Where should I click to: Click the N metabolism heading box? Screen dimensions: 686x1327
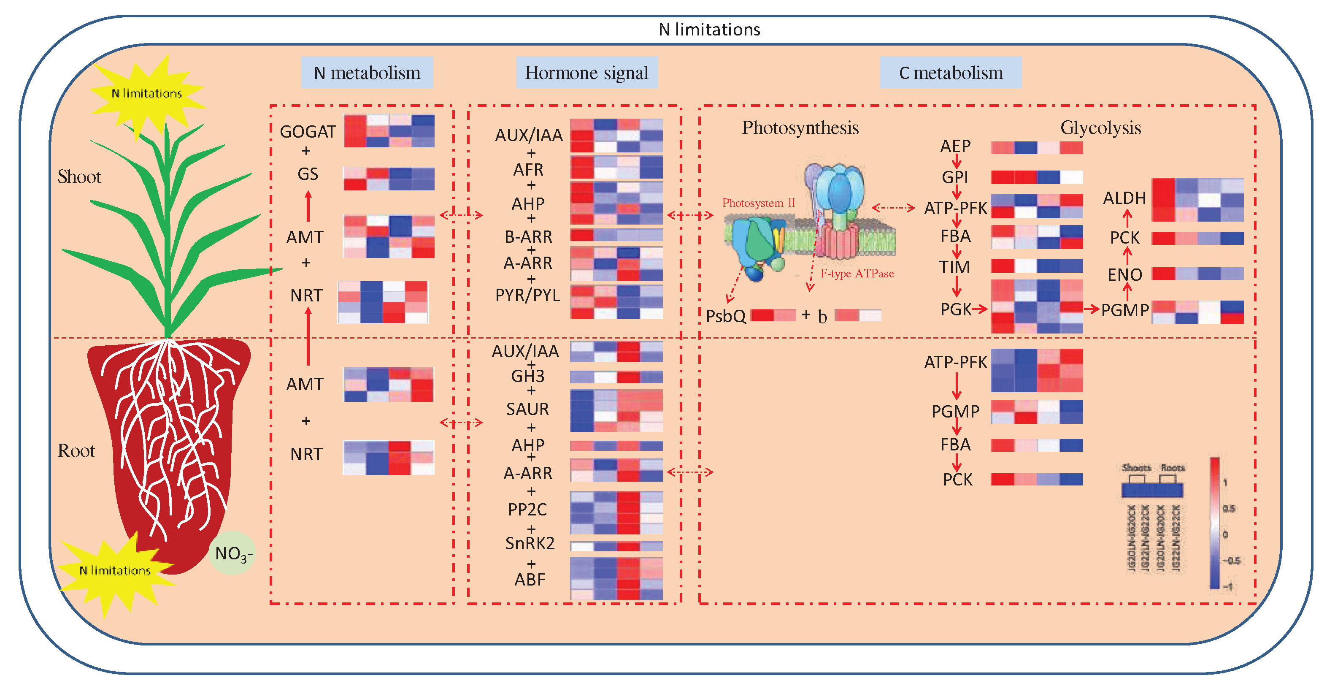point(367,73)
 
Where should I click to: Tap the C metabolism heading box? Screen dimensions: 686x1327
point(951,73)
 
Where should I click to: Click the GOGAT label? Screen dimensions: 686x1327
point(308,132)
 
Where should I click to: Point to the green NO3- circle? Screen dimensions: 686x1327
point(232,553)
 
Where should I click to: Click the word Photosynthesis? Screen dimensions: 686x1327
point(800,128)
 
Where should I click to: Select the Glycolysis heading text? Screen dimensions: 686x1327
point(1100,128)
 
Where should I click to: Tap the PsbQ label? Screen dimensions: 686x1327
point(725,315)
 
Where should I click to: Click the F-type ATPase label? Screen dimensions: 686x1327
point(857,274)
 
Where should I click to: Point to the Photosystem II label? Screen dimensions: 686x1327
point(758,203)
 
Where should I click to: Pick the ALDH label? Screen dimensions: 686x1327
point(1124,198)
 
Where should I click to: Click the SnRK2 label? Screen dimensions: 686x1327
point(530,543)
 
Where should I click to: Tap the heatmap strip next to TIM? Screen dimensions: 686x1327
point(1036,266)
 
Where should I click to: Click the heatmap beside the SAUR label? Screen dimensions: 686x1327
point(616,410)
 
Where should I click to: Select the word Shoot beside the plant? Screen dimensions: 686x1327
point(79,177)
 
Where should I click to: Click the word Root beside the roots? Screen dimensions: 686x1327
point(76,451)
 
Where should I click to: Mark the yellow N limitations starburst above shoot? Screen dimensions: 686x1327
point(147,93)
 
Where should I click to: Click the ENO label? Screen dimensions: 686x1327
point(1124,275)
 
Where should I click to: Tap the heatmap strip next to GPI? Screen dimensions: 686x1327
point(1036,177)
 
